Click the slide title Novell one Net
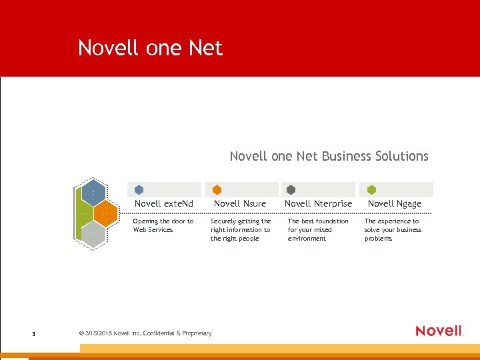point(150,48)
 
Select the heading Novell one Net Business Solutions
point(329,156)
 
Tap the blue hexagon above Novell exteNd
point(139,190)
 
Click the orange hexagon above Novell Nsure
point(217,190)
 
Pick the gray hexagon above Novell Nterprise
point(291,190)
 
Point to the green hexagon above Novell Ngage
point(371,190)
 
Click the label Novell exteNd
point(164,203)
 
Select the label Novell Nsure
point(240,203)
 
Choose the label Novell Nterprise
point(318,203)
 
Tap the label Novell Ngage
point(395,203)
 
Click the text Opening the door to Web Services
point(163,225)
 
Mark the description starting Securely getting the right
point(241,229)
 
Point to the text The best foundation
point(318,229)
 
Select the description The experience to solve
point(393,229)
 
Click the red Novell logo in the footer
point(439,331)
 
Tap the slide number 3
point(33,333)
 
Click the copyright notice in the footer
point(145,333)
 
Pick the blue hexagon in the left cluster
point(93,192)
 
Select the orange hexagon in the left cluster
point(105,214)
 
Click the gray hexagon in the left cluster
point(93,234)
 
